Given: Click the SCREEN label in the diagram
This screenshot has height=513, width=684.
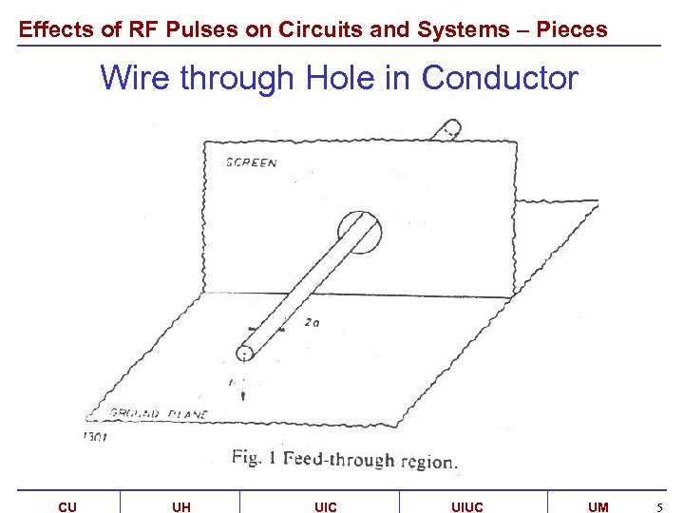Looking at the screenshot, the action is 251,162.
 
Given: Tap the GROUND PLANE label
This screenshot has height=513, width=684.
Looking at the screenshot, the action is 159,414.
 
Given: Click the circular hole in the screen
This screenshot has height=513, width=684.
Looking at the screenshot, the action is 359,233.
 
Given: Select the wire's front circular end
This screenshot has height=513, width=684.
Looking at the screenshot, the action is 245,353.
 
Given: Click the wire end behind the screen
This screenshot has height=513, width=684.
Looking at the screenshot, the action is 448,128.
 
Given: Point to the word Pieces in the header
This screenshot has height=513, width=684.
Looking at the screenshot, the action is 572,29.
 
